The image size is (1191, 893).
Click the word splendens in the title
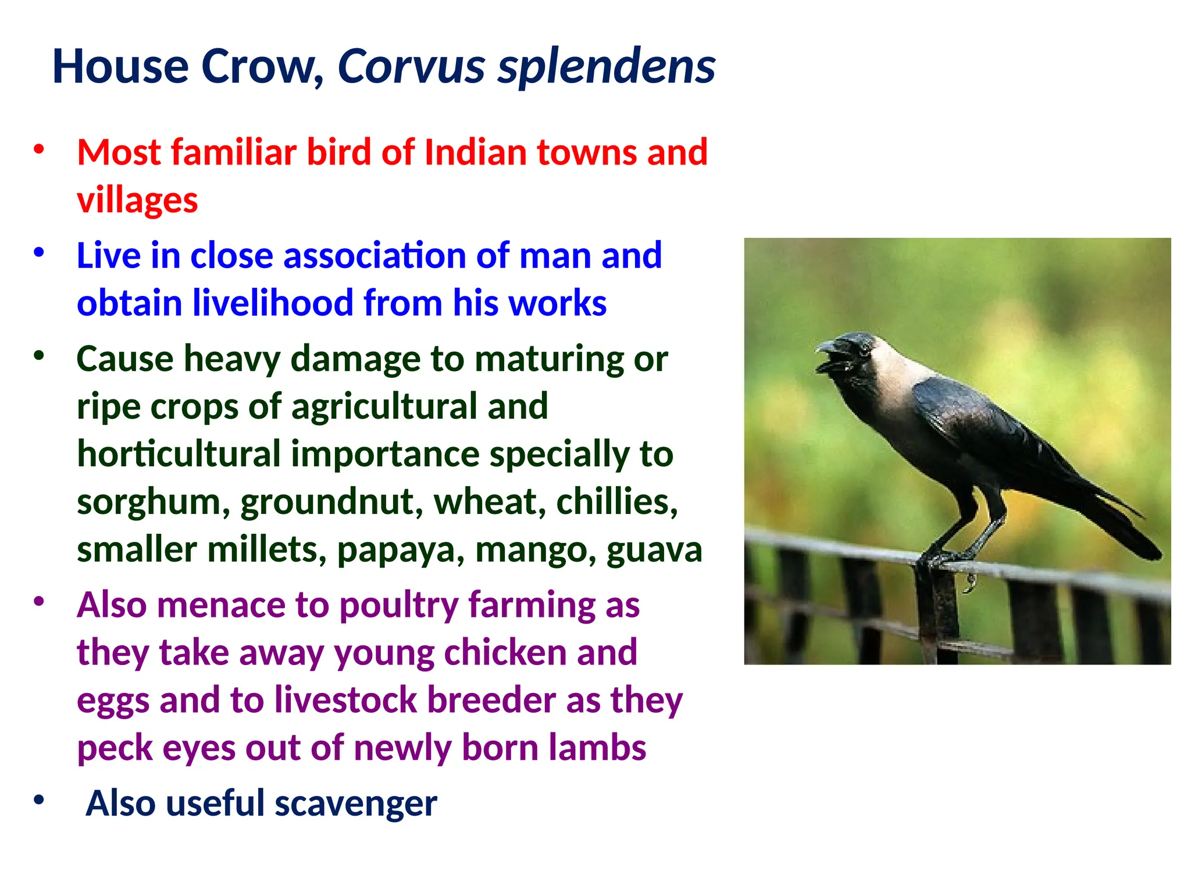pyautogui.click(x=606, y=67)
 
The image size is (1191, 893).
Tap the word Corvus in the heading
pyautogui.click(x=411, y=67)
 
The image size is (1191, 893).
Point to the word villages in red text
pyautogui.click(x=137, y=201)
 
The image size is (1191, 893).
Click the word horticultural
pyautogui.click(x=179, y=455)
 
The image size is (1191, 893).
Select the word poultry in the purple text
pyautogui.click(x=399, y=606)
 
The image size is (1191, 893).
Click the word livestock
pyautogui.click(x=345, y=701)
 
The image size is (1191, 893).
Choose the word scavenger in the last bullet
pyautogui.click(x=355, y=804)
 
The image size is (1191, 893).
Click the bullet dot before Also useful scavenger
pyautogui.click(x=39, y=800)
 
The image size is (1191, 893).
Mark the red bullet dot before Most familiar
pyautogui.click(x=39, y=149)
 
